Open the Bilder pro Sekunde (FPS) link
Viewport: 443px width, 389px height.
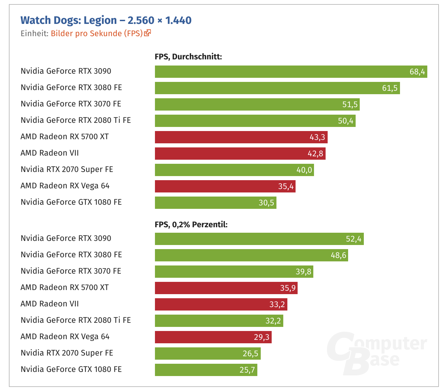(x=97, y=33)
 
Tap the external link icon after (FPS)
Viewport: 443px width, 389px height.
(x=147, y=33)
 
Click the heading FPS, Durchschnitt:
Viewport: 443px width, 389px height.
(x=188, y=57)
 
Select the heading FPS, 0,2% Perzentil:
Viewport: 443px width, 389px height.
(x=191, y=225)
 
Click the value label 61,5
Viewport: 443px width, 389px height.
(x=390, y=88)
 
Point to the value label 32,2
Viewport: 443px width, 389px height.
(x=273, y=321)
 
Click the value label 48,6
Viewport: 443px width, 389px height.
(x=338, y=255)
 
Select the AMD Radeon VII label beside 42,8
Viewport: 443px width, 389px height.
(x=49, y=153)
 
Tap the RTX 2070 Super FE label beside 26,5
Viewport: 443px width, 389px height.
(x=67, y=353)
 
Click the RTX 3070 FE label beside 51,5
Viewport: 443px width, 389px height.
(x=71, y=104)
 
